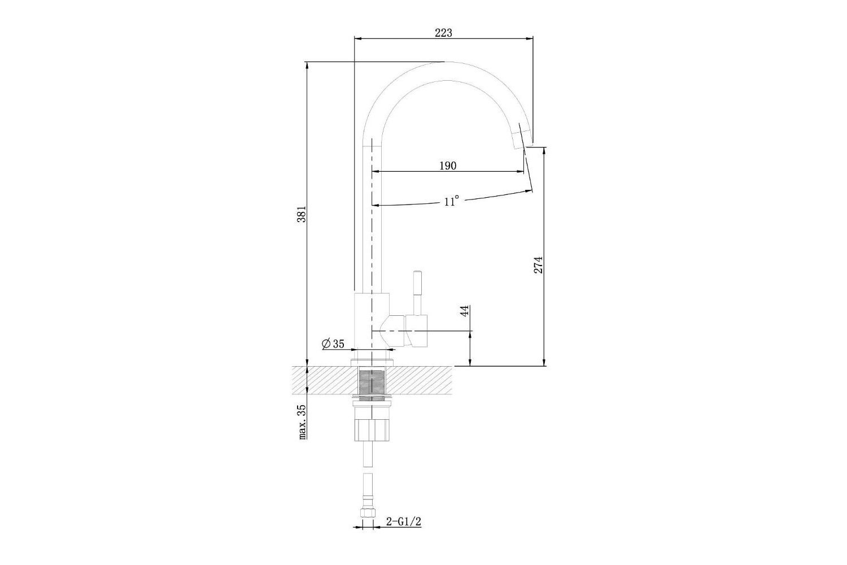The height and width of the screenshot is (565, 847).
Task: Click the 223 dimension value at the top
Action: (x=443, y=33)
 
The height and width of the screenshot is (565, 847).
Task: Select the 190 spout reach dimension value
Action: (x=448, y=166)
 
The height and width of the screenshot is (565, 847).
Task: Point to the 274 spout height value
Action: (x=539, y=265)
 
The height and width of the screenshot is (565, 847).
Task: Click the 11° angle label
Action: (x=452, y=201)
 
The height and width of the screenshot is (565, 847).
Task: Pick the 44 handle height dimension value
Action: (x=465, y=311)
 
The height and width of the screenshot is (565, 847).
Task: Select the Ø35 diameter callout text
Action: (x=333, y=344)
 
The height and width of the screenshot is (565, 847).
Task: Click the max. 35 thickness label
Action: (x=303, y=421)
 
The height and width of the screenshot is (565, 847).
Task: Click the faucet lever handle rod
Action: (x=417, y=292)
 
